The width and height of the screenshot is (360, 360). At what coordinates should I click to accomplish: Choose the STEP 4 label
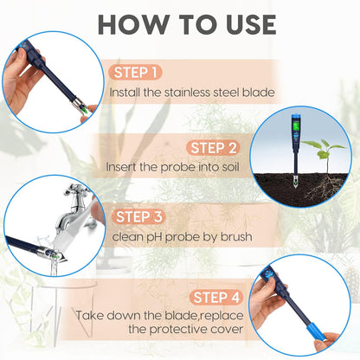[218, 297]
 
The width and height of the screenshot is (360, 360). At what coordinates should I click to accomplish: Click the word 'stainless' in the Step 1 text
[184, 91]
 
